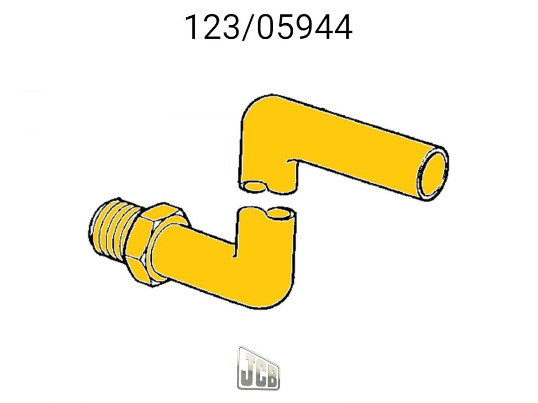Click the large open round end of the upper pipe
point(433,172)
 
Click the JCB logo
point(258,368)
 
